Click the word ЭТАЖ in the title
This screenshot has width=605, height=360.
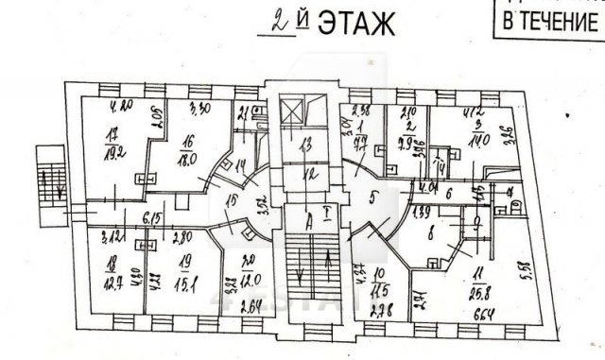pos(355,24)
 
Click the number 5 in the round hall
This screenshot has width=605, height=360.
pos(375,199)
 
